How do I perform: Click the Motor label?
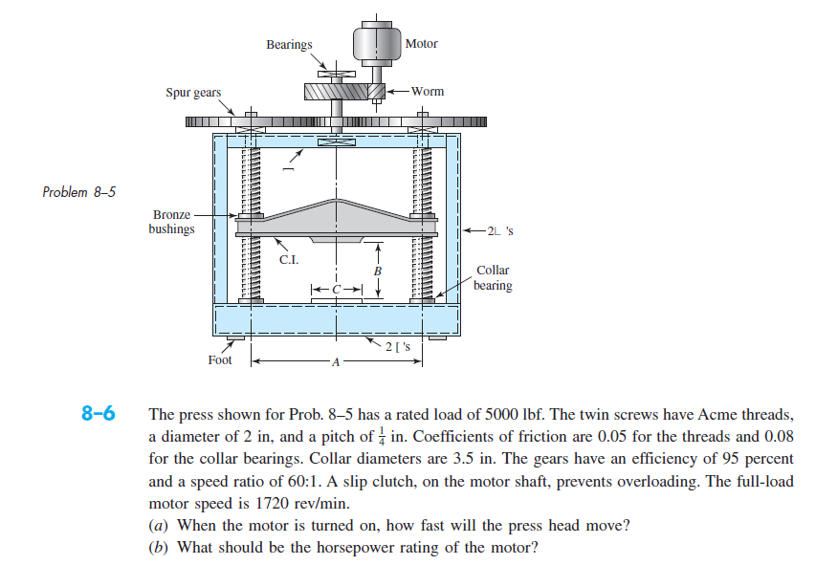(x=421, y=44)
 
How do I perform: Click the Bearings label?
(x=288, y=44)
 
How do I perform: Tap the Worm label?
(x=428, y=92)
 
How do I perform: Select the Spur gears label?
(x=192, y=93)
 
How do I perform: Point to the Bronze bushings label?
(x=171, y=222)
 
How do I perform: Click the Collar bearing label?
(x=494, y=277)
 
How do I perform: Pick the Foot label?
(x=220, y=360)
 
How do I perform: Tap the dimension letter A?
(x=335, y=362)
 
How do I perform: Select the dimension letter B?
(x=377, y=272)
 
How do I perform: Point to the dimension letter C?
(x=337, y=287)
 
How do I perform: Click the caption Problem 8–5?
(x=78, y=191)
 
